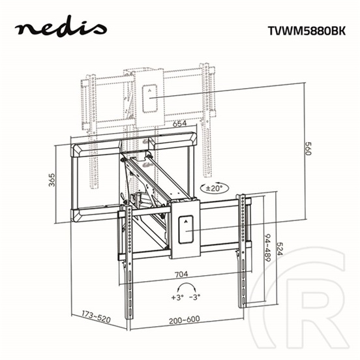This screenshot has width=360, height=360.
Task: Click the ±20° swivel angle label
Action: click(213, 187)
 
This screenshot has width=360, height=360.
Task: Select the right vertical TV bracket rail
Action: click(244, 248)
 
